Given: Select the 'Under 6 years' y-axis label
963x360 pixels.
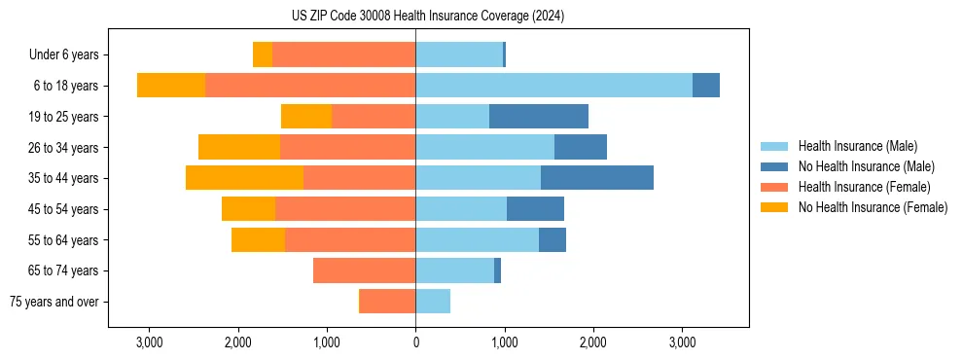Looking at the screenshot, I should [69, 55].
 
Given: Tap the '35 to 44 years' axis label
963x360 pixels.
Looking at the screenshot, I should [64, 178].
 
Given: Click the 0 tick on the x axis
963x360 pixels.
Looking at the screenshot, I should [415, 342].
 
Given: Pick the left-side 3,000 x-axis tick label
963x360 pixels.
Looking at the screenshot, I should [149, 342].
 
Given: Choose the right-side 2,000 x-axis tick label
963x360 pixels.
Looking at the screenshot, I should [593, 342].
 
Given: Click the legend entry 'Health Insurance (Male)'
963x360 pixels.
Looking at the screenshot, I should [857, 146].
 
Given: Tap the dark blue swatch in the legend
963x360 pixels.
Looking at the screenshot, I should [775, 166].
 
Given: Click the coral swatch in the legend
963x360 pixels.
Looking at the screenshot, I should [775, 187].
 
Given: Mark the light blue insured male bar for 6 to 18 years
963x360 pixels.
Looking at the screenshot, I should [553, 86].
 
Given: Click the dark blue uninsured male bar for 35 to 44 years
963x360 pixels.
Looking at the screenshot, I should [597, 178].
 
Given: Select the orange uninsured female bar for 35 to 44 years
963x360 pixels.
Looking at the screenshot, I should [244, 178].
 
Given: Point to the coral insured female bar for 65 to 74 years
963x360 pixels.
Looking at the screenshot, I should [364, 270].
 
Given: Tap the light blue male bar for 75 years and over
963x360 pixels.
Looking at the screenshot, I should [433, 302].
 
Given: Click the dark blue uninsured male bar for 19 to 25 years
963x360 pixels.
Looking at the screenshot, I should [539, 117].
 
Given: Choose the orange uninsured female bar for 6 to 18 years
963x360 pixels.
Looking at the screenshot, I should [171, 86].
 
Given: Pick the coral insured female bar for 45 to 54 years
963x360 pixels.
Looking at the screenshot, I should [345, 209].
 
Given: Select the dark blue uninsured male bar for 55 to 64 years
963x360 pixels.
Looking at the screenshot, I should [553, 239].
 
